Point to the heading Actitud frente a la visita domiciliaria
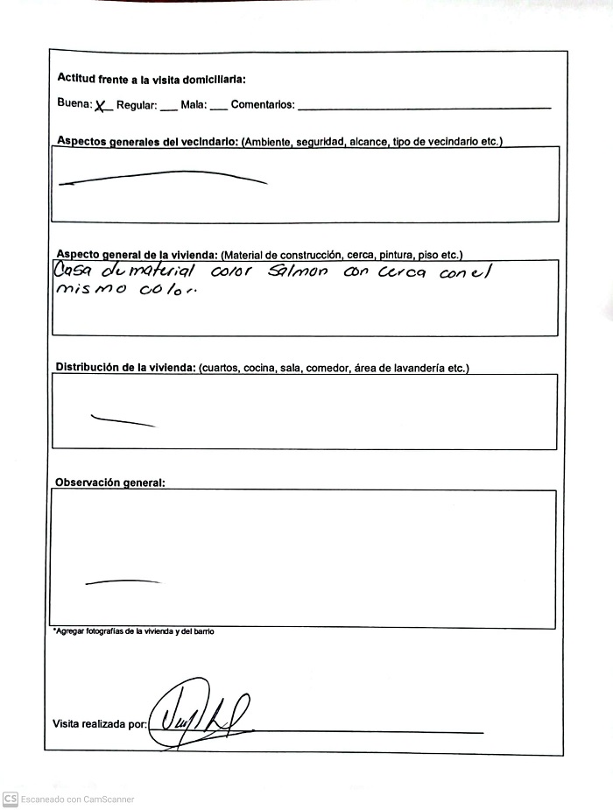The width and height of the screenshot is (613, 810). [x=151, y=80]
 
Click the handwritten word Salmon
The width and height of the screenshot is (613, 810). [x=298, y=272]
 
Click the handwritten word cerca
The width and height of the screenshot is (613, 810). [x=402, y=272]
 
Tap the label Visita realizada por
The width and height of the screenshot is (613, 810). [x=100, y=724]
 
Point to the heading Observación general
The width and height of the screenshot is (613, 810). [x=109, y=482]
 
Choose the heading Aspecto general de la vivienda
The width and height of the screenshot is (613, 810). [x=137, y=255]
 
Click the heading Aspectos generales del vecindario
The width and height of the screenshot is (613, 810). [x=147, y=141]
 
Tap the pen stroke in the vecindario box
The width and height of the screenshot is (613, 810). [x=162, y=177]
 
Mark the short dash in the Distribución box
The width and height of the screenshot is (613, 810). [x=123, y=420]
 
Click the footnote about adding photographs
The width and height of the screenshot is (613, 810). [x=133, y=631]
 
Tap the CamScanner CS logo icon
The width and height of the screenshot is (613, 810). [x=11, y=799]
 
